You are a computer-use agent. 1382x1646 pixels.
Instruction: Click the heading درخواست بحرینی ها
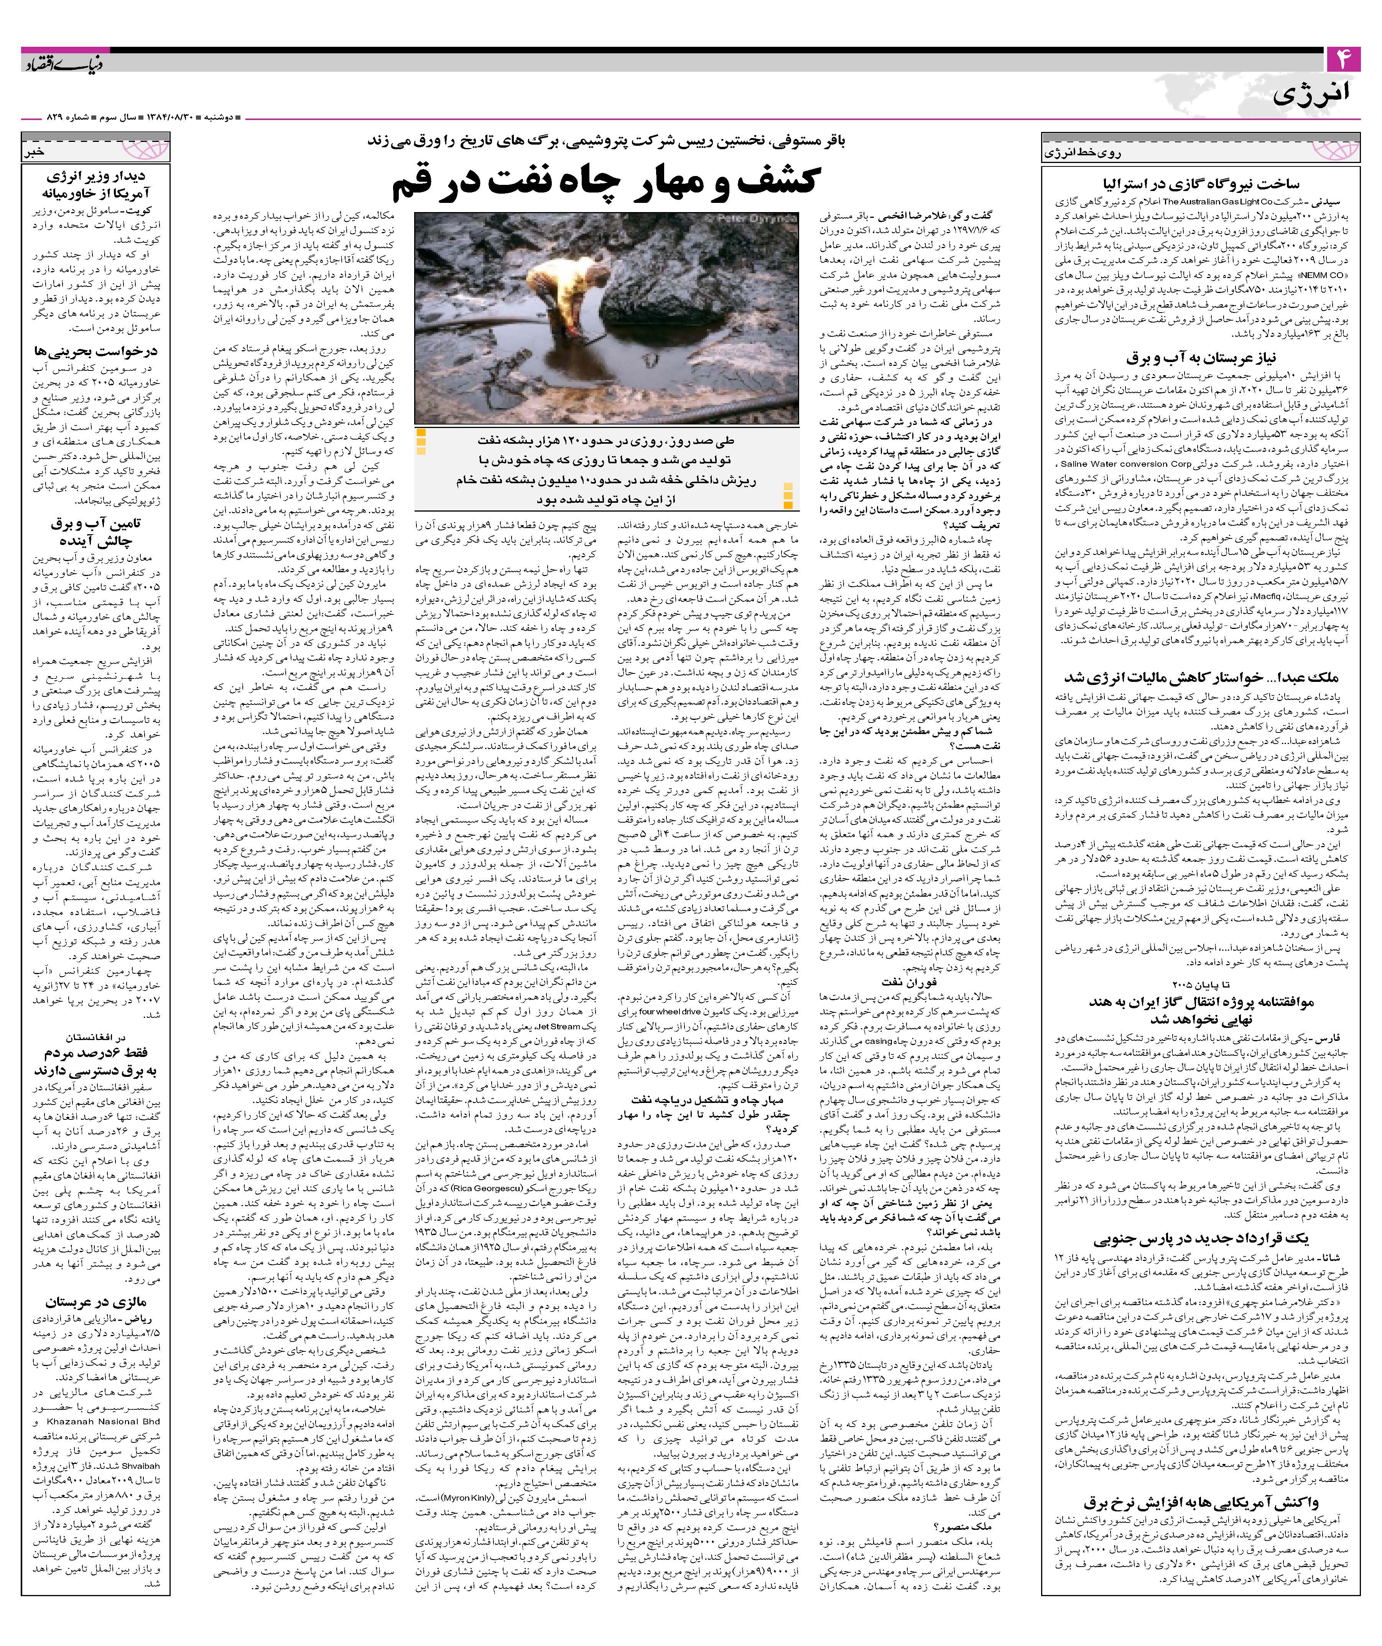tap(96, 351)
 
